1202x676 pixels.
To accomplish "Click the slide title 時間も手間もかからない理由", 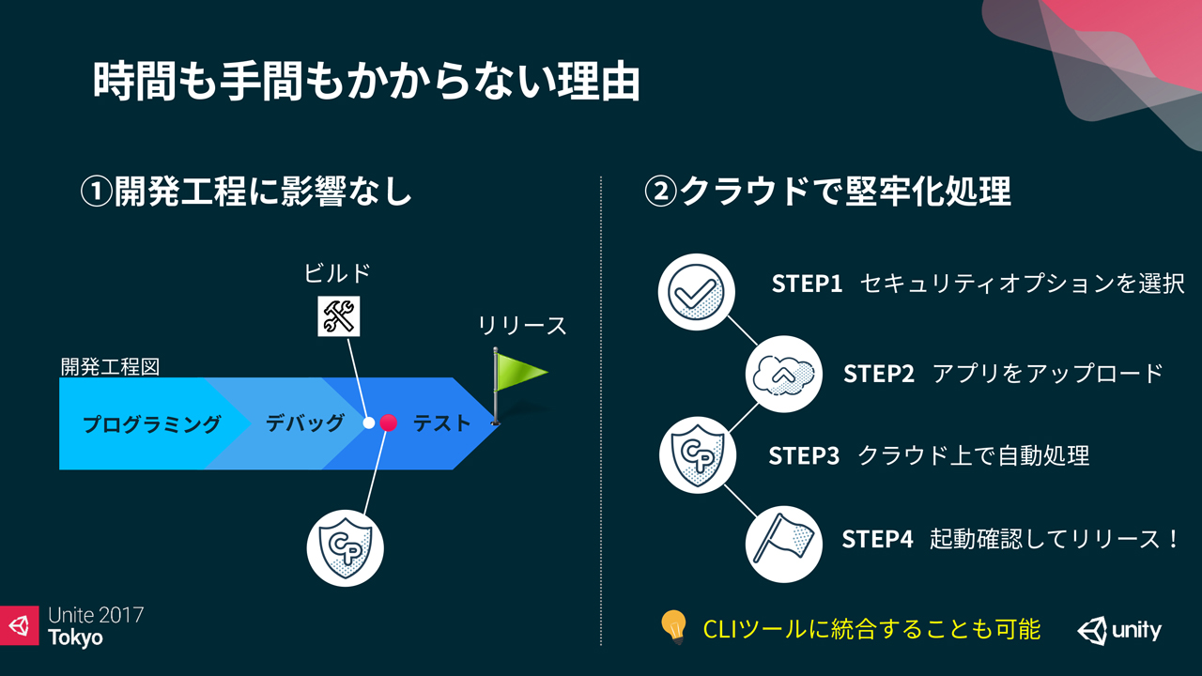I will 366,83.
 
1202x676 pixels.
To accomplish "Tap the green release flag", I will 519,374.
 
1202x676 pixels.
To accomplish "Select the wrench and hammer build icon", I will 338,315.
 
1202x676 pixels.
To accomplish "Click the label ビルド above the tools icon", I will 337,273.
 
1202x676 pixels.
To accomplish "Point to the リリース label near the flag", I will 523,326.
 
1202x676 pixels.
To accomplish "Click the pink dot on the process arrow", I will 388,423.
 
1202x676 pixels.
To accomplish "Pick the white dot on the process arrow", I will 369,423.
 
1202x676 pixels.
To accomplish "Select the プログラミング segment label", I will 152,424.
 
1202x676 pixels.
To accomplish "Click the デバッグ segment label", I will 304,423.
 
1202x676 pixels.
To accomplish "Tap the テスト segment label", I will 442,424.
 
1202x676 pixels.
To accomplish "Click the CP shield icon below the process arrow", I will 346,548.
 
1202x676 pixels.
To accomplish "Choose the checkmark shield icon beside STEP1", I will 696,291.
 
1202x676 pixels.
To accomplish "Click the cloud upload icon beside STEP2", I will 784,374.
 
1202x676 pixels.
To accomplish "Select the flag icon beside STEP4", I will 783,543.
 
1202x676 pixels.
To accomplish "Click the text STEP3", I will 804,456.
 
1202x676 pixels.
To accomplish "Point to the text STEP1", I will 808,284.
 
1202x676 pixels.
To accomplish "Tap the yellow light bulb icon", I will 673,626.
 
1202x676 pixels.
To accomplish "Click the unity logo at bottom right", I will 1119,630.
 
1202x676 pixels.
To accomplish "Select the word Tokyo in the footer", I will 76,638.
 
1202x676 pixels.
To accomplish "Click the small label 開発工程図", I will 110,366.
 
